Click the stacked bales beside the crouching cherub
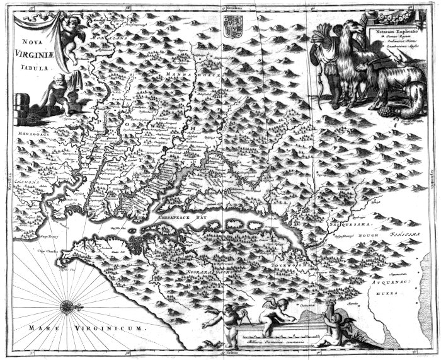tap(21, 108)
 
